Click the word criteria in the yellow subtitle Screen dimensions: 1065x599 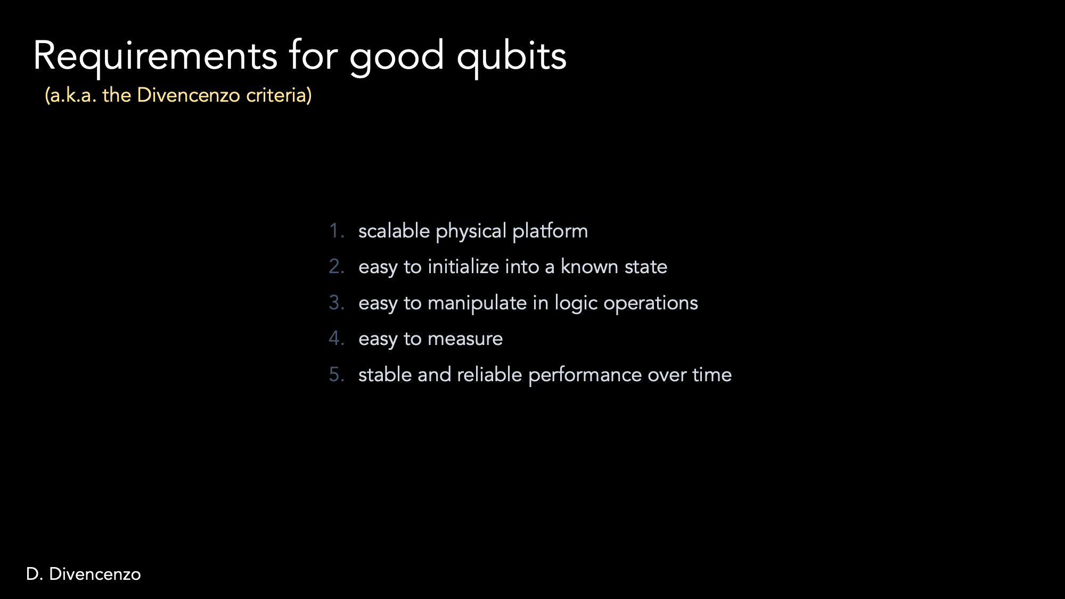(x=279, y=95)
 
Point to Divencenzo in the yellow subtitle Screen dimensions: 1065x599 (x=189, y=95)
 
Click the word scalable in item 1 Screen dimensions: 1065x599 (x=394, y=231)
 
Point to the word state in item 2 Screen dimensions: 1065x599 (x=646, y=267)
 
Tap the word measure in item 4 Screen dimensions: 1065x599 (x=465, y=339)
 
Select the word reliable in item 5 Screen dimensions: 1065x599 (x=489, y=374)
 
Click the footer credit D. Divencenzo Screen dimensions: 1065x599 (x=84, y=574)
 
